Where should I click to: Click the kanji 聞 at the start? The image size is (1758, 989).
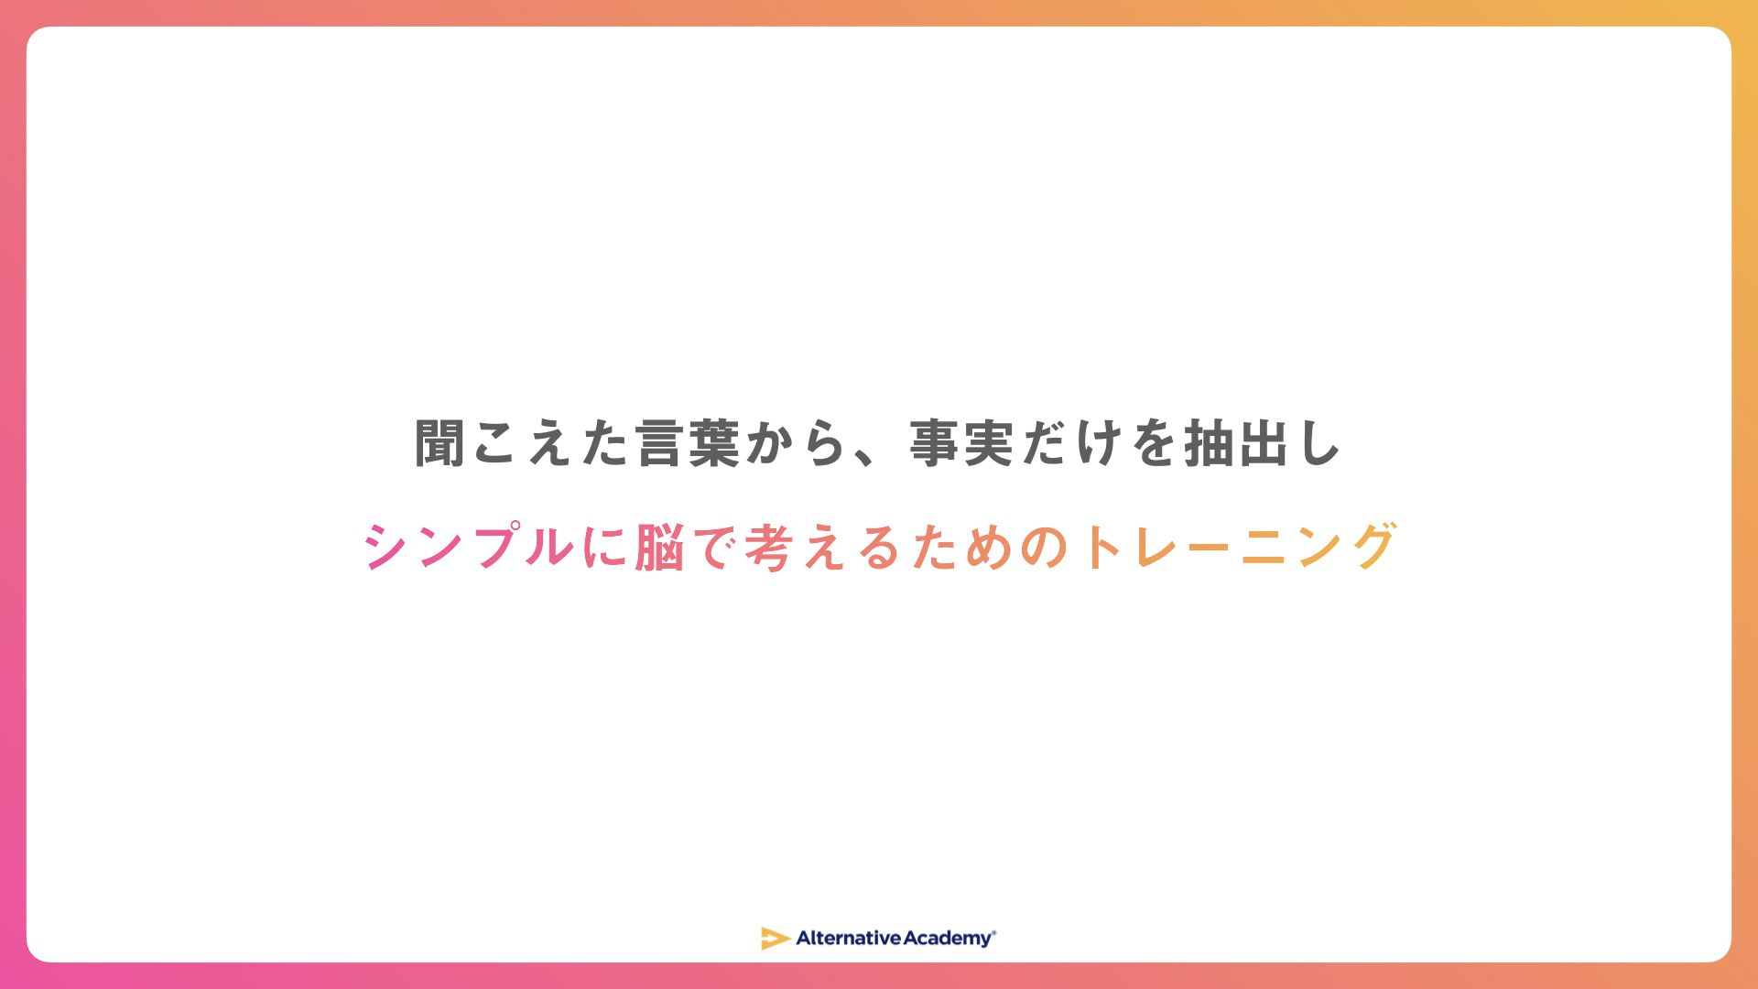coord(439,444)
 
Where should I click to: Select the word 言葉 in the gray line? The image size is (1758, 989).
coord(688,444)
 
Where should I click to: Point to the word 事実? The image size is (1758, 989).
coord(961,444)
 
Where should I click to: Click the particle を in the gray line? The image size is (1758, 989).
coord(1155,444)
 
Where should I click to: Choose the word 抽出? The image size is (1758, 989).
coord(1237,444)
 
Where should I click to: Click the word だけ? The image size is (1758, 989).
coord(1072,444)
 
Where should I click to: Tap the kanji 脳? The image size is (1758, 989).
coord(659,548)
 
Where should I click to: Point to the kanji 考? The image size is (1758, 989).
coord(769,548)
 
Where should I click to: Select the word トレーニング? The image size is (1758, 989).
coord(1238,547)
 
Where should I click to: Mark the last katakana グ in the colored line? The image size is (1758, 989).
coord(1373,547)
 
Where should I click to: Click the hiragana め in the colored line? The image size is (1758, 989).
coord(989,548)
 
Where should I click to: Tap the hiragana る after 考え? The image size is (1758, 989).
coord(880,548)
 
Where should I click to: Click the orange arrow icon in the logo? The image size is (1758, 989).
coord(776,939)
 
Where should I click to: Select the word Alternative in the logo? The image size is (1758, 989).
coord(849,938)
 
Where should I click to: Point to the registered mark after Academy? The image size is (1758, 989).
coord(994,932)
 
